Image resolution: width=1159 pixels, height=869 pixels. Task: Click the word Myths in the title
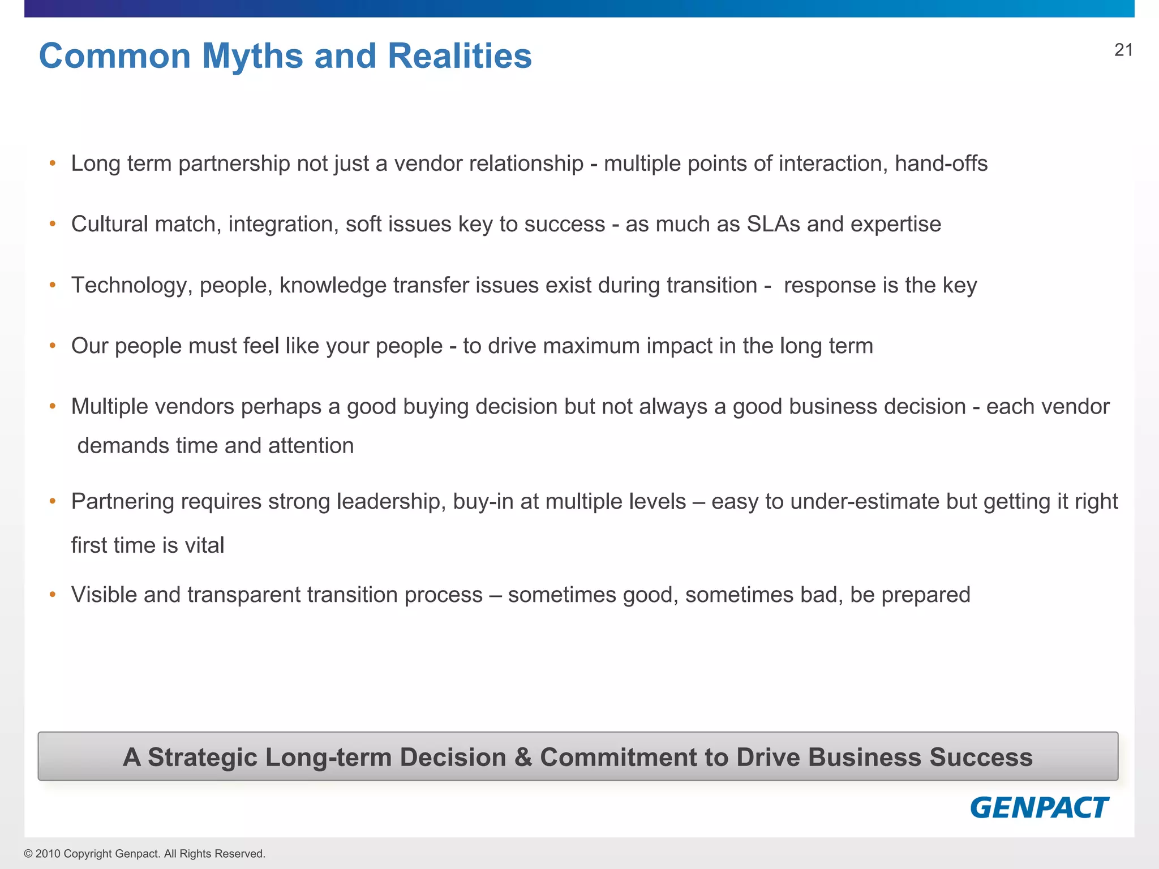252,56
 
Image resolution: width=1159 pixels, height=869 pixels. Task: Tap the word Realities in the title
460,56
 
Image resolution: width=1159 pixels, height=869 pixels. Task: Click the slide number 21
1123,50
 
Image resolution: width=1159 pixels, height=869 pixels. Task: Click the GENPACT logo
1039,807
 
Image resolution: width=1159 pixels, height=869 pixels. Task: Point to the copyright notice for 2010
144,854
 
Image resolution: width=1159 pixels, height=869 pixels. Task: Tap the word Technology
128,286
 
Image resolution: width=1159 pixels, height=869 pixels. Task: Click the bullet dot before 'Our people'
53,345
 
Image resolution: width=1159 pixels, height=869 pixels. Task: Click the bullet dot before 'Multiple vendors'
53,406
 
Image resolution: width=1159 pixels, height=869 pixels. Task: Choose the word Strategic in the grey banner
202,757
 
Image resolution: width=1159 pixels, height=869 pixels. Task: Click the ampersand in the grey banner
523,757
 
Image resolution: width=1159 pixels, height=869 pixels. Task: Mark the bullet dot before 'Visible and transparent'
53,594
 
